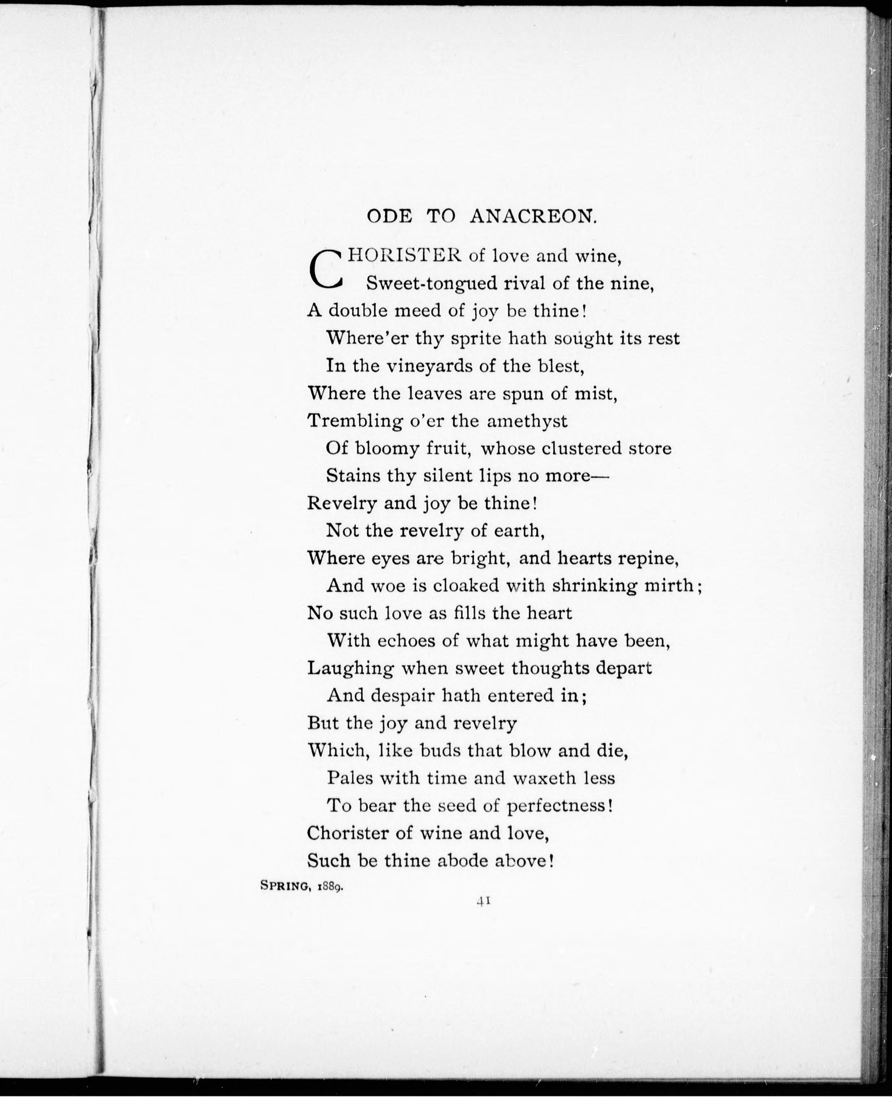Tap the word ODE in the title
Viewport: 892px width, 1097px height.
[389, 217]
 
